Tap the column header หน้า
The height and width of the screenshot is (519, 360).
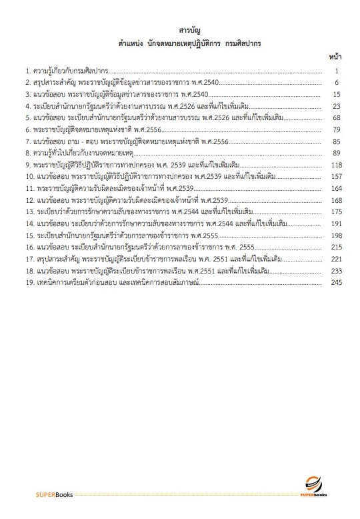point(335,59)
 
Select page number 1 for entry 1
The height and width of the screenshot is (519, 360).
point(338,71)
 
